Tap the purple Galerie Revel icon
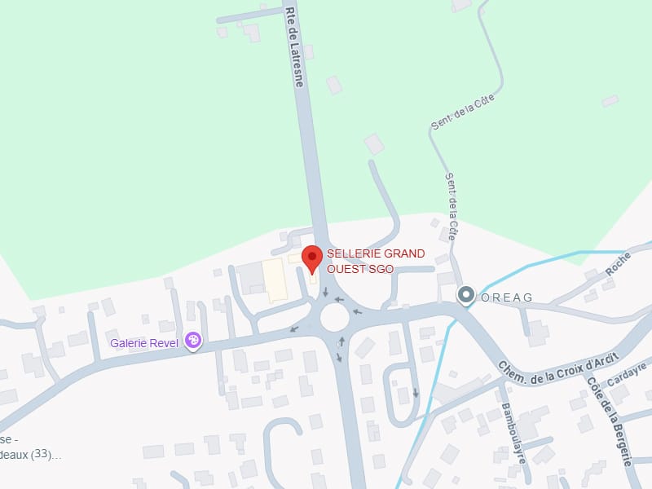(193, 340)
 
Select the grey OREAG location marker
(466, 295)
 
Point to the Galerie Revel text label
(144, 343)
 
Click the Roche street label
(619, 262)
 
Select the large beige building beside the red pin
(275, 280)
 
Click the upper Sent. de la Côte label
(463, 112)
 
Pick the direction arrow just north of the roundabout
(325, 291)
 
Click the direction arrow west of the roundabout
(295, 329)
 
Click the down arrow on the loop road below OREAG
(416, 393)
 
